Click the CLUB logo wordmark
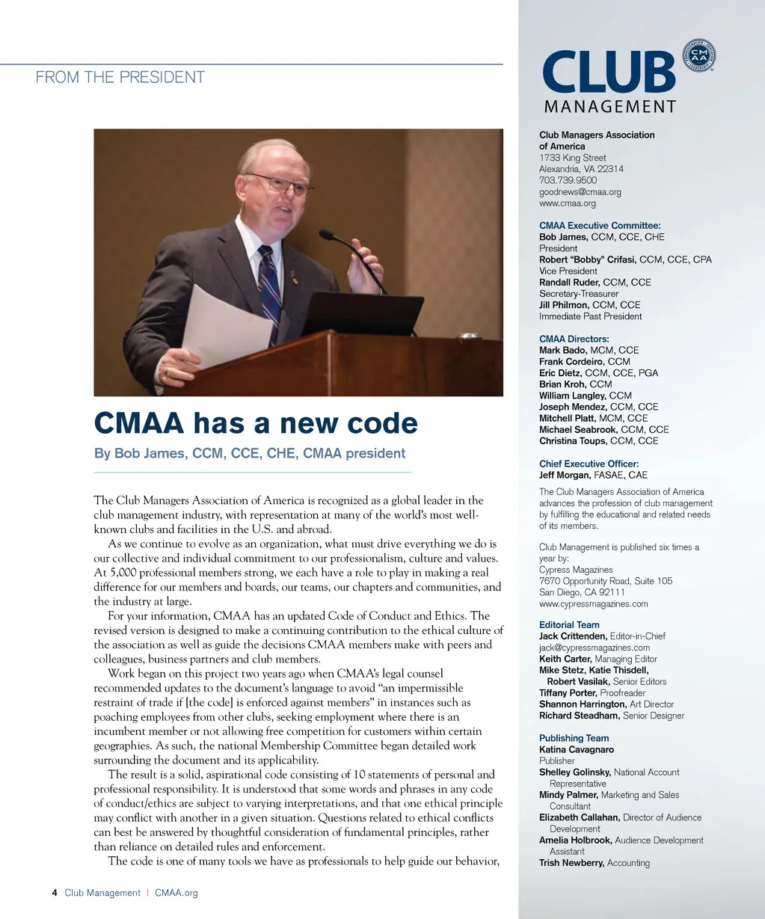tap(609, 73)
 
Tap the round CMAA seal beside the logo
tap(699, 56)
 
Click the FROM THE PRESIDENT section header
tap(120, 77)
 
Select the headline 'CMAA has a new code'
tap(256, 423)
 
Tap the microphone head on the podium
tap(325, 234)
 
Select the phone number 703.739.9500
tap(568, 180)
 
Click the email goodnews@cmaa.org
tap(580, 191)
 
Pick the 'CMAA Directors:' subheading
tap(574, 339)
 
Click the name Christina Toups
tap(573, 441)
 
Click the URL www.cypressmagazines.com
tap(593, 603)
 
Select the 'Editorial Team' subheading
tap(569, 625)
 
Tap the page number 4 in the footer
tap(55, 893)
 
